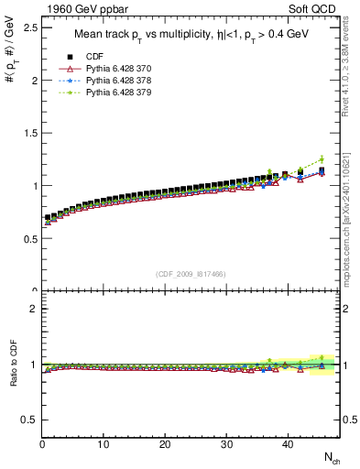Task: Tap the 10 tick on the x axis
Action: tap(104, 444)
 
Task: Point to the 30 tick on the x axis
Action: tap(226, 444)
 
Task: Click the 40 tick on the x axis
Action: tap(288, 444)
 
